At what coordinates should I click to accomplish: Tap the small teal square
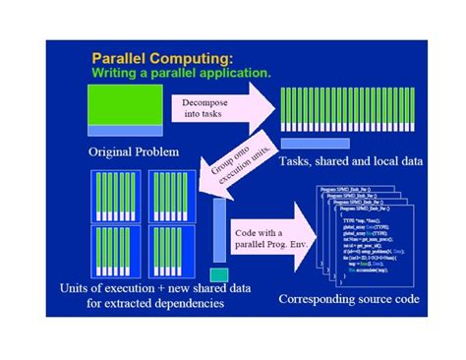coord(218,274)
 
